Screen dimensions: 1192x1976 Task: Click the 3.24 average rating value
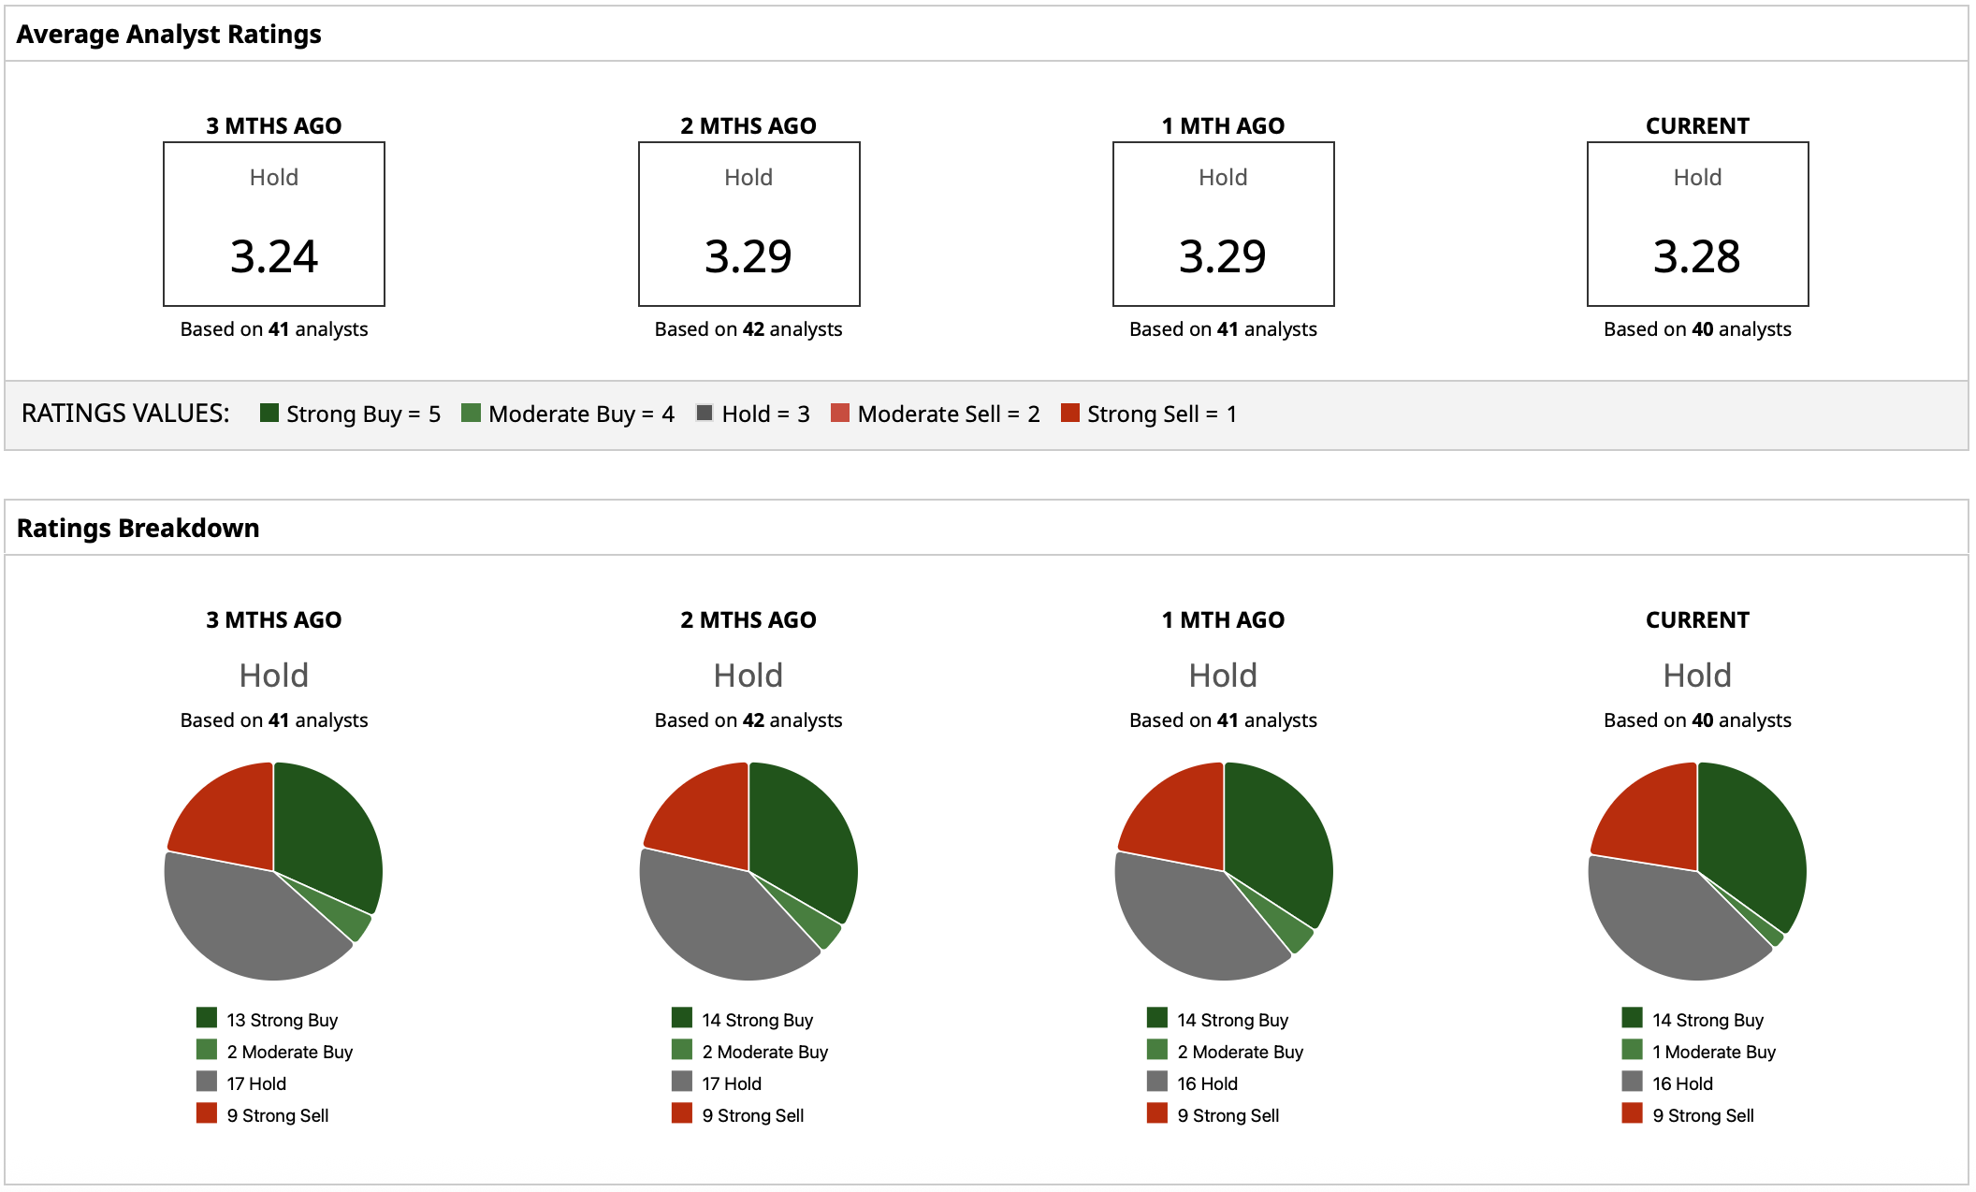point(274,256)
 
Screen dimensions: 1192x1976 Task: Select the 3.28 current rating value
point(1696,256)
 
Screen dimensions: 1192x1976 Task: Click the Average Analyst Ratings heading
point(168,35)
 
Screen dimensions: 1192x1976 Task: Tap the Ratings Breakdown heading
point(138,529)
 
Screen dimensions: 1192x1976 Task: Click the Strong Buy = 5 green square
point(269,414)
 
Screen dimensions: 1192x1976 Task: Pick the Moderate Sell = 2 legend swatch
point(840,414)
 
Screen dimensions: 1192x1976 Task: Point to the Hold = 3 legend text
point(765,414)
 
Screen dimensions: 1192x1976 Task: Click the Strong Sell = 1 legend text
point(1161,414)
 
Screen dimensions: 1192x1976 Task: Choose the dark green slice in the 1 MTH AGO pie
point(1277,842)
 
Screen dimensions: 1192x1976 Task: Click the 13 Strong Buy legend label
point(282,1020)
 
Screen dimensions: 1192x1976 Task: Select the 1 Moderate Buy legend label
point(1713,1052)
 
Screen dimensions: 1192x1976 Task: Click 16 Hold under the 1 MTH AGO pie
point(1207,1083)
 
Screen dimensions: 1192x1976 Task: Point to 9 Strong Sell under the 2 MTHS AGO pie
point(752,1115)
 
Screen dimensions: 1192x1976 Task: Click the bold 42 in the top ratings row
point(753,329)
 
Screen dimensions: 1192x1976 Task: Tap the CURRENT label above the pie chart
point(1697,620)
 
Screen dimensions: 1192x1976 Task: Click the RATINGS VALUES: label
point(125,414)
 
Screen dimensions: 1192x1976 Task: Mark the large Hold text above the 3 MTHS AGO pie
point(274,676)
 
